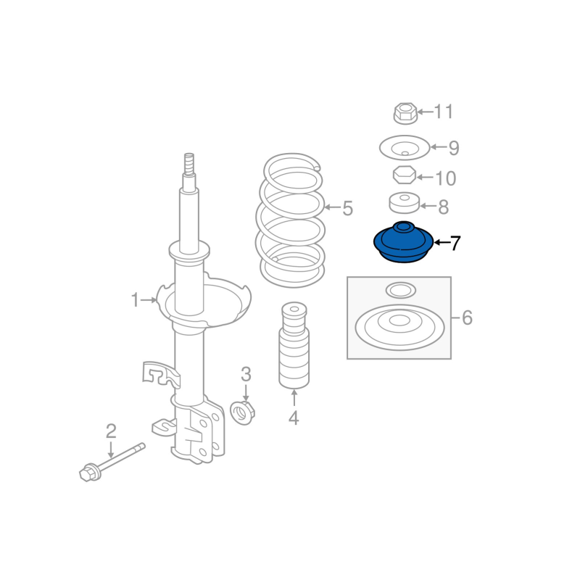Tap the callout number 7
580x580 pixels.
click(455, 243)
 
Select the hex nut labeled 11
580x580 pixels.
click(405, 113)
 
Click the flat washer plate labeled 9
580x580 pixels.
click(405, 148)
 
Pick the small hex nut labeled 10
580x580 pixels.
click(405, 175)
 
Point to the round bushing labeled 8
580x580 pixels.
click(405, 203)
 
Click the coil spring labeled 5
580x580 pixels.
click(291, 220)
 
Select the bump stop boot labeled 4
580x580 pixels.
click(294, 346)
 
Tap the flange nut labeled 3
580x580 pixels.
click(243, 413)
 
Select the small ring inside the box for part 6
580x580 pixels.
click(401, 291)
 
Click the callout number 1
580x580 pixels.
click(135, 299)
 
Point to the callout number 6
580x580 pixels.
click(467, 318)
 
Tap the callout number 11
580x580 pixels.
click(443, 112)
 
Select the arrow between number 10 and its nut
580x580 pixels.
click(426, 177)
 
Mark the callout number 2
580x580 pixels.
click(111, 431)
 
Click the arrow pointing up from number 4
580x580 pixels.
click(294, 398)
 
